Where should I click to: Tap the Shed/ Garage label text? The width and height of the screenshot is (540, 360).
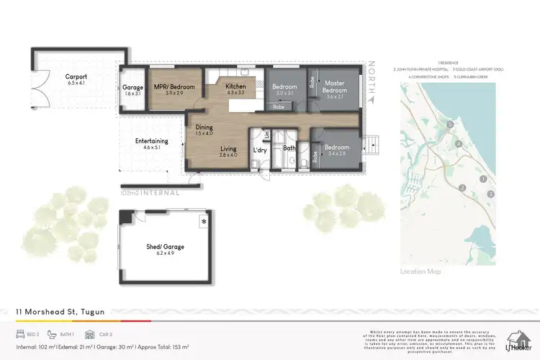pos(165,247)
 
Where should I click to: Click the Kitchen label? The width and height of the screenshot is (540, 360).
pos(236,86)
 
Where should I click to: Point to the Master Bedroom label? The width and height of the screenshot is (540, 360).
pos(335,87)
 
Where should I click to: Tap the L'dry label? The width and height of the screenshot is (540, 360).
pos(260,150)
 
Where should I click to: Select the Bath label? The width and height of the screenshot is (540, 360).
pos(289,148)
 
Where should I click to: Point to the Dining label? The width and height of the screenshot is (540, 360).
pos(204,127)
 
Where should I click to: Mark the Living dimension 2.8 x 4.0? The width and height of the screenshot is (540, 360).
pos(229,156)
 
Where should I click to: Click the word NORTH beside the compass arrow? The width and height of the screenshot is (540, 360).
pos(372,75)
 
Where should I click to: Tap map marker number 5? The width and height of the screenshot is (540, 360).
pos(450,125)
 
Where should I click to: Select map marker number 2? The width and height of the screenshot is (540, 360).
pos(463,187)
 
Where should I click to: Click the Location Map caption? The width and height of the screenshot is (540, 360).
pos(420,271)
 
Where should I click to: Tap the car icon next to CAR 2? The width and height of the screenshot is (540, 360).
pos(90,335)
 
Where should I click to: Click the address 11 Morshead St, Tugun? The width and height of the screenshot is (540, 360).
pos(60,312)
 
